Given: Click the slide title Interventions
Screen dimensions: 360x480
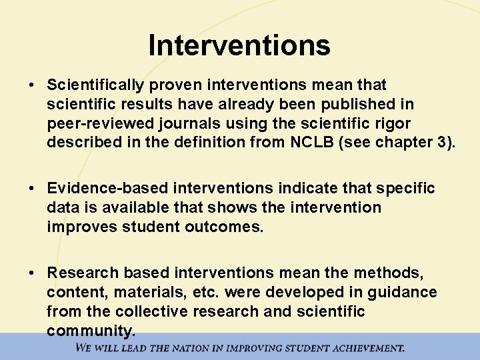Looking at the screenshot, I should pyautogui.click(x=239, y=45).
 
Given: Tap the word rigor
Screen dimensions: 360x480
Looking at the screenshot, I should pyautogui.click(x=392, y=124).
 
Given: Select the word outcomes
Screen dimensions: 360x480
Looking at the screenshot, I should pyautogui.click(x=226, y=227).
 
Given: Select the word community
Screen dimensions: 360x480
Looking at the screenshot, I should pyautogui.click(x=91, y=331).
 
